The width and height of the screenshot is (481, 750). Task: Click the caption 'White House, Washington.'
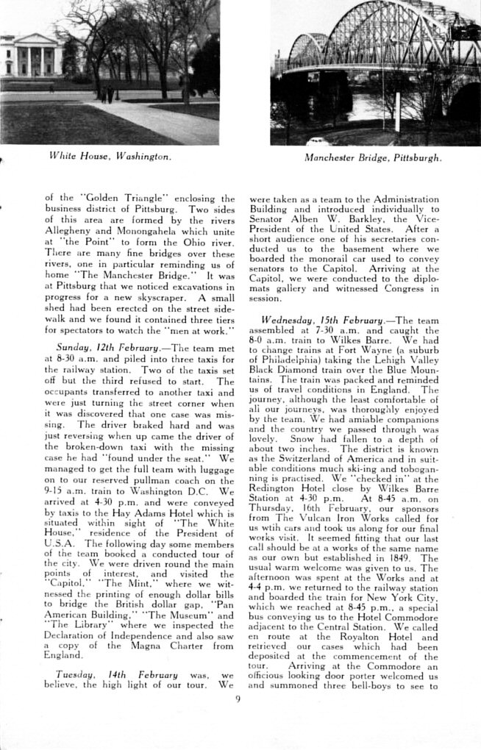coord(110,156)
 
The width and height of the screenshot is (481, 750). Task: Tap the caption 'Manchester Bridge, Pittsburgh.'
coord(373,157)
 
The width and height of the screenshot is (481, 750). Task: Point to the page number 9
coord(238,699)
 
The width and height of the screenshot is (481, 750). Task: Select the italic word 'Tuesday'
coord(74,674)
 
